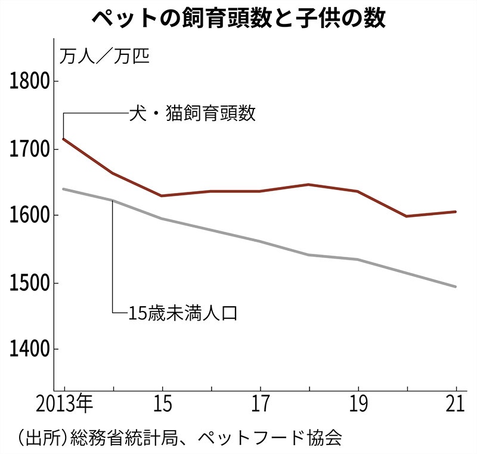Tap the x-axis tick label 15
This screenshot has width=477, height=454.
162,406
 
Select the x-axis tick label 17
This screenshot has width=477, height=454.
260,406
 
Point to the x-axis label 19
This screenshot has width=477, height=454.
358,406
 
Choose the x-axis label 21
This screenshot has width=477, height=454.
456,406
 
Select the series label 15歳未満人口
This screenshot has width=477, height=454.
183,312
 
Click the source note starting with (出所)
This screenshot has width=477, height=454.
179,439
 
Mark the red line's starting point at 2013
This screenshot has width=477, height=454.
64,139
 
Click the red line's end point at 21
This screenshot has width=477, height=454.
456,212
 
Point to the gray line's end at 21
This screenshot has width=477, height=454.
456,287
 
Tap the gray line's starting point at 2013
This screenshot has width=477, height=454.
64,189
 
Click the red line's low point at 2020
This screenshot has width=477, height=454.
407,216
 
